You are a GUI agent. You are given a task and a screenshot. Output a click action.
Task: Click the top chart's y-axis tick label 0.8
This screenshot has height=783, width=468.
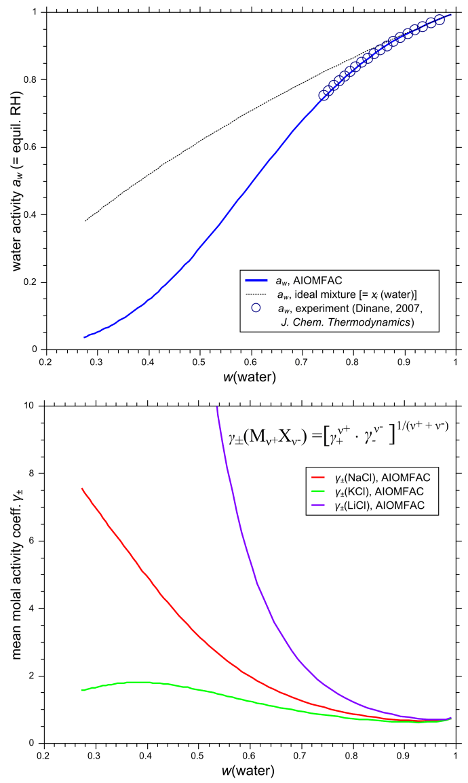[x=29, y=80]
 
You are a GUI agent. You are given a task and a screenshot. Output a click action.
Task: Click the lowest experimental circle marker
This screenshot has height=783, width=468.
[x=324, y=96]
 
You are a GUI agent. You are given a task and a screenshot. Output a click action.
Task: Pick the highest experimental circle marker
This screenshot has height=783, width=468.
[x=440, y=20]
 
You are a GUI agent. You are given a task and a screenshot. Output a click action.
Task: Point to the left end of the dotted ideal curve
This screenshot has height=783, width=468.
[x=85, y=221]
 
